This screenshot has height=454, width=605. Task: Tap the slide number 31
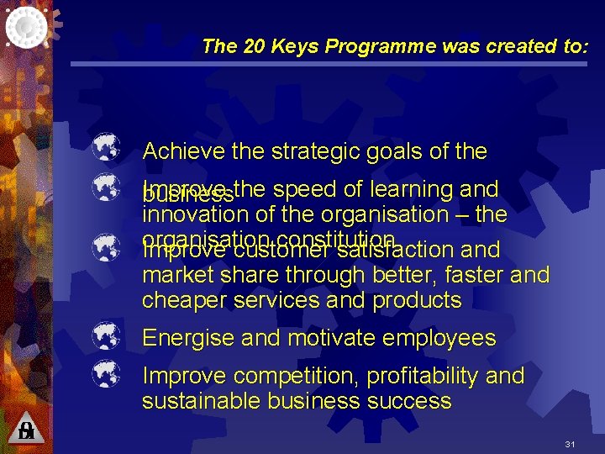pos(570,444)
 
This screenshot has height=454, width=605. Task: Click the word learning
pos(407,189)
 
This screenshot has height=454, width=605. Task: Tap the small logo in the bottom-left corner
pos(26,431)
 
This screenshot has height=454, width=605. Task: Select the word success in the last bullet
pos(411,401)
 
